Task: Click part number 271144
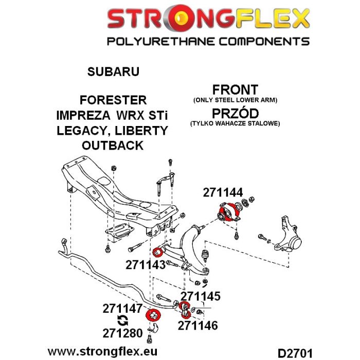[223, 192]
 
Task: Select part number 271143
[146, 265]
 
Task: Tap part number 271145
[201, 296]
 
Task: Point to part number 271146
[197, 326]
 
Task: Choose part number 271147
[122, 309]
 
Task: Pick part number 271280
[122, 333]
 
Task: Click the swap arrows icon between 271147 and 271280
[122, 320]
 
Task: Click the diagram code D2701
[295, 353]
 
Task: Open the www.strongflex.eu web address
[102, 351]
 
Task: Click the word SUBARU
[113, 71]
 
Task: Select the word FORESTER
[113, 100]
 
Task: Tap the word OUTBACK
[113, 146]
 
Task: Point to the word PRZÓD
[235, 113]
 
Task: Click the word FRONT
[235, 89]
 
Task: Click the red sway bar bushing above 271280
[153, 315]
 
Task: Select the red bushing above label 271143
[158, 253]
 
